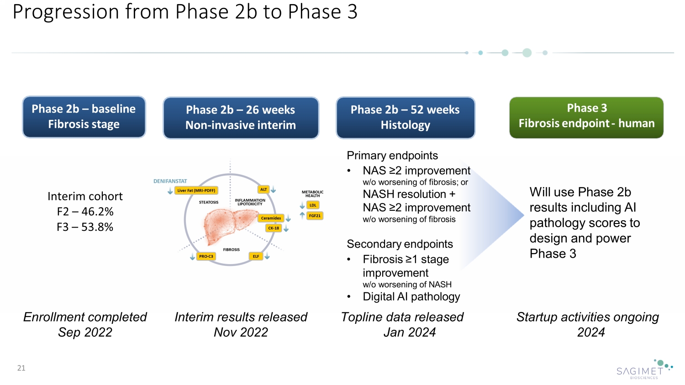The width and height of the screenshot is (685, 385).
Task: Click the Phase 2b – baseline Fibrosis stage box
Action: tap(84, 117)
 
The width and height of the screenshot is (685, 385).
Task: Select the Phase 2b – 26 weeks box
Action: tap(241, 118)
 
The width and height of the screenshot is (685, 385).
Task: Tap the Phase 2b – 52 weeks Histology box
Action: tap(406, 118)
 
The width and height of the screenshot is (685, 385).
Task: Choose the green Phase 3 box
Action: tap(586, 117)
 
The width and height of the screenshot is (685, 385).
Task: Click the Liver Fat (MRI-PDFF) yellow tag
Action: tap(196, 191)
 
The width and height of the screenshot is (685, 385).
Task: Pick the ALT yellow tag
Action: tap(263, 189)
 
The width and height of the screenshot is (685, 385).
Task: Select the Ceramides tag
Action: tap(271, 218)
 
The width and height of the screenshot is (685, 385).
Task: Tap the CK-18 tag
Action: tap(274, 228)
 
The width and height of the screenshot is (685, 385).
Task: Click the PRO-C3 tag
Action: tap(206, 256)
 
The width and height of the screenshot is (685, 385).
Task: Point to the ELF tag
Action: tap(256, 256)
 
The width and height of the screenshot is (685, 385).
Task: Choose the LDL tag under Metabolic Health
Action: tap(313, 205)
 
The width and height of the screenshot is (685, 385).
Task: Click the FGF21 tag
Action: tap(315, 216)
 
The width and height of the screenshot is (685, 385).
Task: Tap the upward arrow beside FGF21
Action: tap(302, 215)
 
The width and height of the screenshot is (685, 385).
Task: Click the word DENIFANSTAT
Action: tap(170, 181)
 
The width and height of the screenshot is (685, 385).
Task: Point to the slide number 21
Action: tap(21, 368)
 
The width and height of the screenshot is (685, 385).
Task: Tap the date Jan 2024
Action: tap(410, 333)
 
